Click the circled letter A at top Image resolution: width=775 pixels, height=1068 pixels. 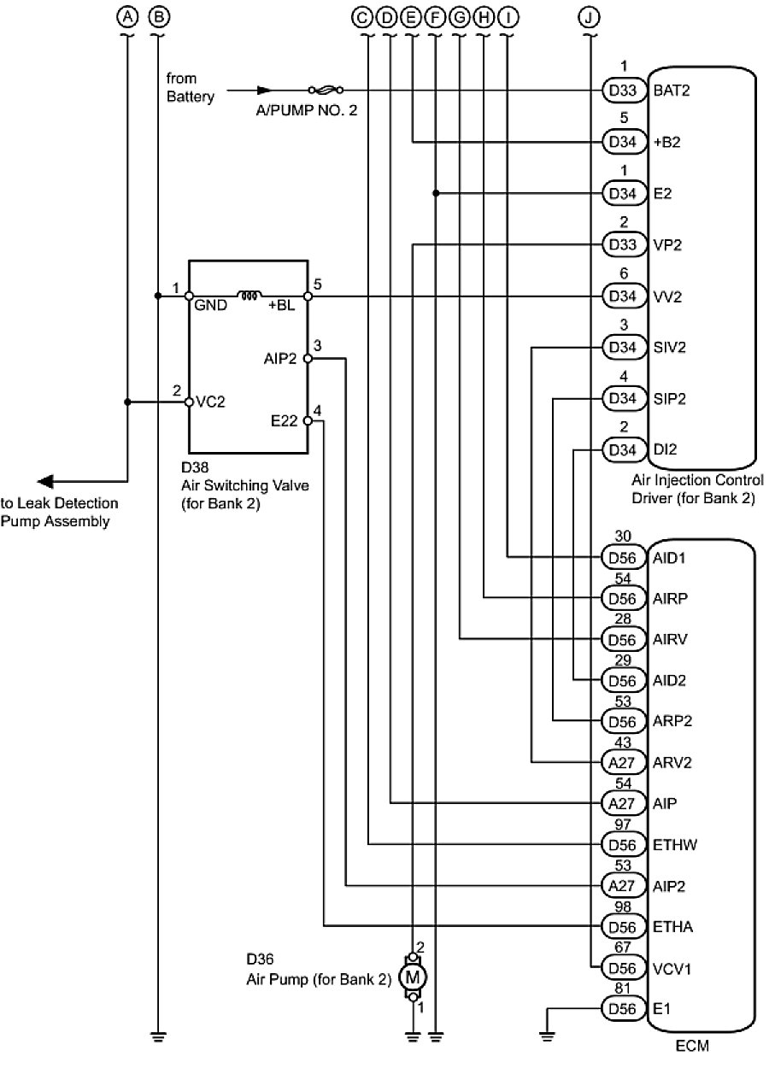(x=127, y=16)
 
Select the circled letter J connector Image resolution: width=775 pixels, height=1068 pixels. (x=590, y=16)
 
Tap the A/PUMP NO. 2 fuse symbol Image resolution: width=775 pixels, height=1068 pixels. (x=325, y=89)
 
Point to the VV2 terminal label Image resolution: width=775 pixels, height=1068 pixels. (x=666, y=297)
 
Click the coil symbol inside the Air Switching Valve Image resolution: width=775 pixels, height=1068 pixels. (x=250, y=296)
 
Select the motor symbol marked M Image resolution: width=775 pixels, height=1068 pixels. (x=413, y=975)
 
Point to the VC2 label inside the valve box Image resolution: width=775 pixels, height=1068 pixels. (x=210, y=402)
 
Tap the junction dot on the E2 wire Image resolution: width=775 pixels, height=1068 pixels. (x=436, y=193)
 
